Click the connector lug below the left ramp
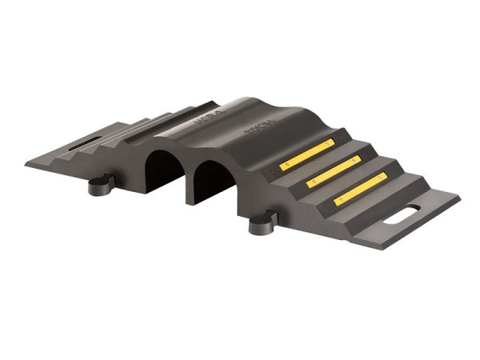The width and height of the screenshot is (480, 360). point(97,187)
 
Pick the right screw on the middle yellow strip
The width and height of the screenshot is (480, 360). point(354,159)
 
